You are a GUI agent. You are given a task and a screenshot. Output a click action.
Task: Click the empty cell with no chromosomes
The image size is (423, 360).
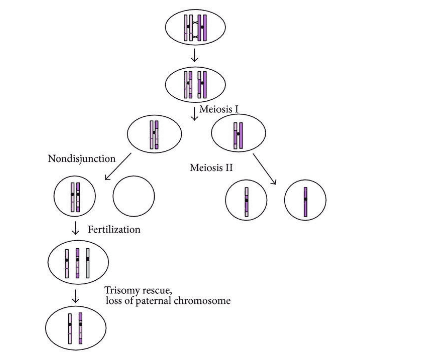click(x=133, y=198)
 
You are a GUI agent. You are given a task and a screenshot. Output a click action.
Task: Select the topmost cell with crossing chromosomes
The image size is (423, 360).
click(x=195, y=27)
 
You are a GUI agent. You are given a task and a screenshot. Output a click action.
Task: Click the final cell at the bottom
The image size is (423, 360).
click(x=76, y=328)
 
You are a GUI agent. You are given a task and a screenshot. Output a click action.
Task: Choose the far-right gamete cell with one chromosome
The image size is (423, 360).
click(x=304, y=201)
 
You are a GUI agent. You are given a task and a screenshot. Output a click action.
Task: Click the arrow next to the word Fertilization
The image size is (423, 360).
click(x=76, y=230)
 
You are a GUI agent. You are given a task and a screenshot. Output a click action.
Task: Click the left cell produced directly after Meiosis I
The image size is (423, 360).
click(x=154, y=134)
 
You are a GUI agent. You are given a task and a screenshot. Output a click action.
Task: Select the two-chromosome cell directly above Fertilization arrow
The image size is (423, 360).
click(x=76, y=197)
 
